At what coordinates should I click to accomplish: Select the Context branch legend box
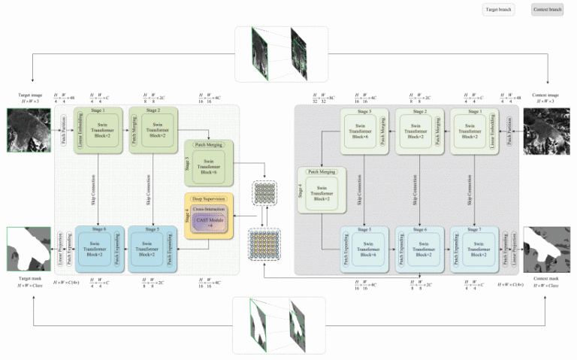click(x=546, y=10)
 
